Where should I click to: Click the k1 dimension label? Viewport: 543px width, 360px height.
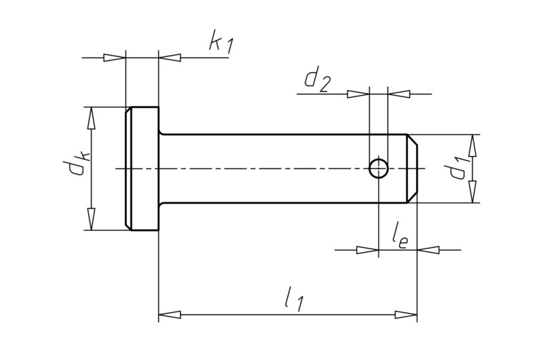(x=221, y=43)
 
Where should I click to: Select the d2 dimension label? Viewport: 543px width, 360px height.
(x=317, y=80)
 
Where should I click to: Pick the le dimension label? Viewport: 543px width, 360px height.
(x=399, y=238)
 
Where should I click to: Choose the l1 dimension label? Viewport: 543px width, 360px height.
(x=293, y=300)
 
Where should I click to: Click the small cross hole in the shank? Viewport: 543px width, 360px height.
(x=378, y=168)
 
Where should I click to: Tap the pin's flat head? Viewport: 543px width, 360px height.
(x=143, y=168)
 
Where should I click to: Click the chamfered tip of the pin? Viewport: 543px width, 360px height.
(x=412, y=168)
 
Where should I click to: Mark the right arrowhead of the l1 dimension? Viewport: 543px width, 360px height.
(x=407, y=315)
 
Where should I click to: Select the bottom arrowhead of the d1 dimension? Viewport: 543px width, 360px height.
(x=472, y=192)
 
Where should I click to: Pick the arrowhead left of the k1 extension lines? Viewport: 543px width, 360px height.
(x=115, y=58)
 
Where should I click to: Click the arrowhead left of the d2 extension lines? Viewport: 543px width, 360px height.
(x=358, y=94)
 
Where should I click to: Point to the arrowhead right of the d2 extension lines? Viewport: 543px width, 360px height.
(x=398, y=94)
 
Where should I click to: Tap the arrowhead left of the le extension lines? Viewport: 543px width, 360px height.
(x=367, y=250)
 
